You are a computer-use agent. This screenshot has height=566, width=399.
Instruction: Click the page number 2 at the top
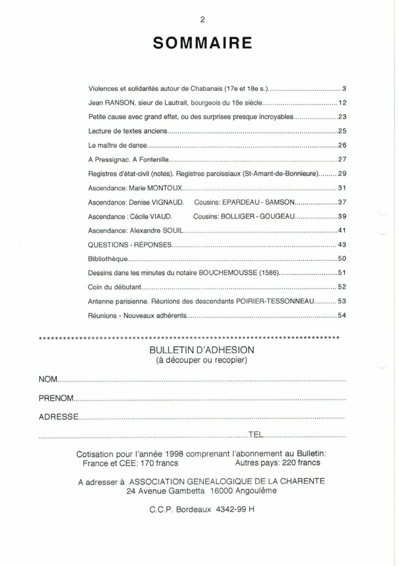[203, 19]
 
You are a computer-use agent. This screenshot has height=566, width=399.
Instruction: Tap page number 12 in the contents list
[342, 103]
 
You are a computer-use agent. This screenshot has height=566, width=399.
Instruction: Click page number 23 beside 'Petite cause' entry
[342, 117]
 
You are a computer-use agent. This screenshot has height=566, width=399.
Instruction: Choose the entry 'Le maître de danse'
[119, 146]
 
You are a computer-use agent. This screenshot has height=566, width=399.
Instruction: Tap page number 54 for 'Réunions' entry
[342, 317]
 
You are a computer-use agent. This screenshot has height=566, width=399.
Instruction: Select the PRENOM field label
[56, 399]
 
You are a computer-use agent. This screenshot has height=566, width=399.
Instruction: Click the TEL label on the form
[257, 434]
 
